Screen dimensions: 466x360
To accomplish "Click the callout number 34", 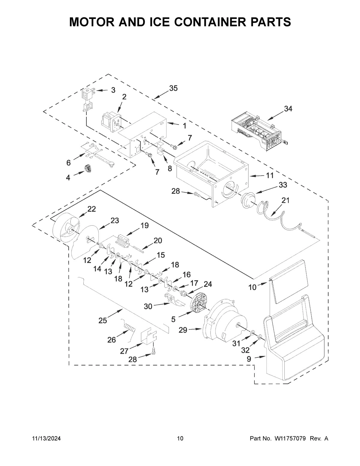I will point(288,109).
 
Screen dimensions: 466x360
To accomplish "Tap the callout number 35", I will point(173,88).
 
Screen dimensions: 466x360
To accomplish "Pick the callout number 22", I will point(91,209).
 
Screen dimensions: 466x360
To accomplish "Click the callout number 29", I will point(183,330).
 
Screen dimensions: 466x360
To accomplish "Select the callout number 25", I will point(103,320).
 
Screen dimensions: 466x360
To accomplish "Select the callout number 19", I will point(145,226).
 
